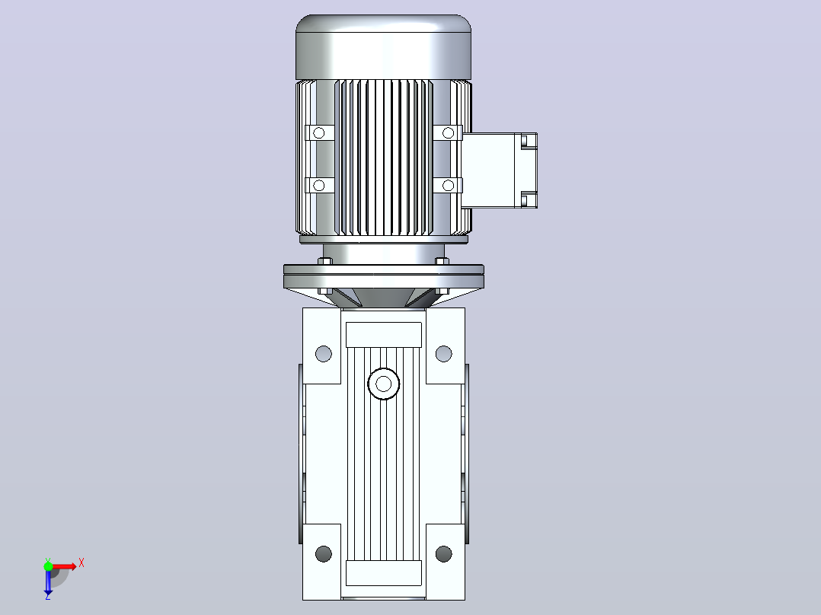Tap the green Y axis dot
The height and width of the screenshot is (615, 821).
(x=48, y=566)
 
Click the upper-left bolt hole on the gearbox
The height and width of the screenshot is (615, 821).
(x=324, y=354)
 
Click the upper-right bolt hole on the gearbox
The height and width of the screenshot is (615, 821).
(x=443, y=354)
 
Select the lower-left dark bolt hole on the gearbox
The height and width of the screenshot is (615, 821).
(x=324, y=554)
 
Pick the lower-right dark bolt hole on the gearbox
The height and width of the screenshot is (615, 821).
(x=443, y=554)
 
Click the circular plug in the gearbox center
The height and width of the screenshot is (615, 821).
(x=384, y=384)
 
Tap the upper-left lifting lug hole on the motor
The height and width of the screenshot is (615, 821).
(x=319, y=133)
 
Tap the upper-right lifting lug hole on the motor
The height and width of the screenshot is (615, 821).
(x=448, y=133)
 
